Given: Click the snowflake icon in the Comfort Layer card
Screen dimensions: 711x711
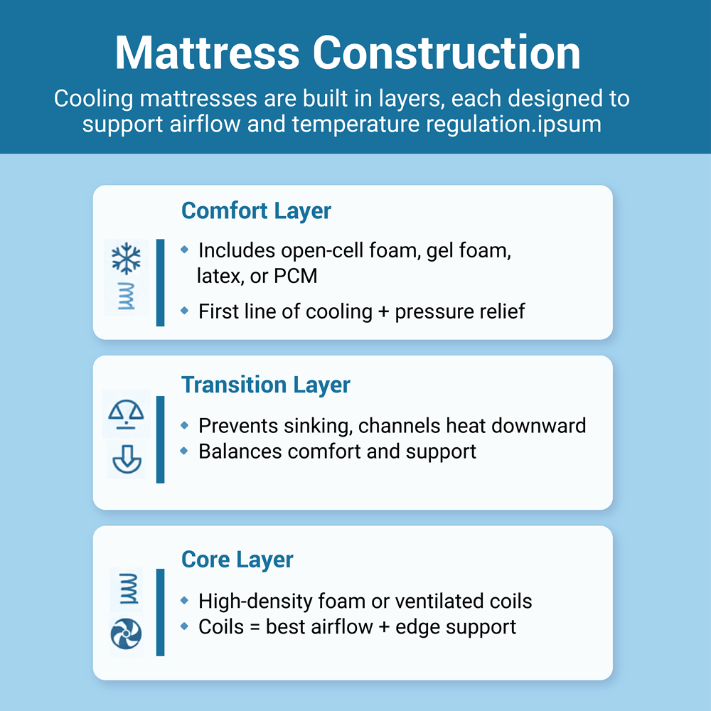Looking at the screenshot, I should [x=127, y=260].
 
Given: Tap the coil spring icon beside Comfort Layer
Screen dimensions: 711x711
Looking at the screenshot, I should [x=127, y=295].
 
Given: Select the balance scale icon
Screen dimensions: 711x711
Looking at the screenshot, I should [x=126, y=412].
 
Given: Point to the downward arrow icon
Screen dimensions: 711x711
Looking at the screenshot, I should [x=127, y=461].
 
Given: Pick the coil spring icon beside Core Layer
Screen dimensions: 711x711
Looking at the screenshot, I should [x=127, y=589].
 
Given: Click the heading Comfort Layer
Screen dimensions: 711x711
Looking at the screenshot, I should [x=256, y=211].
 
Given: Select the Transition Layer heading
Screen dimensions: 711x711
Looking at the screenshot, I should [x=266, y=385].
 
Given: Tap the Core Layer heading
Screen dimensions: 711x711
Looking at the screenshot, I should [x=237, y=560].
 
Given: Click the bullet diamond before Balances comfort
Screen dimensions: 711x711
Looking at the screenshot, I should [x=185, y=451].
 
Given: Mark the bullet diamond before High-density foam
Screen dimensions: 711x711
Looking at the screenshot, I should [x=185, y=601].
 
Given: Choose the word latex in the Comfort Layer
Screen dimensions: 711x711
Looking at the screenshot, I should [x=219, y=276].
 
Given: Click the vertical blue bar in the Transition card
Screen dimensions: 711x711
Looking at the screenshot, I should [x=160, y=439].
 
